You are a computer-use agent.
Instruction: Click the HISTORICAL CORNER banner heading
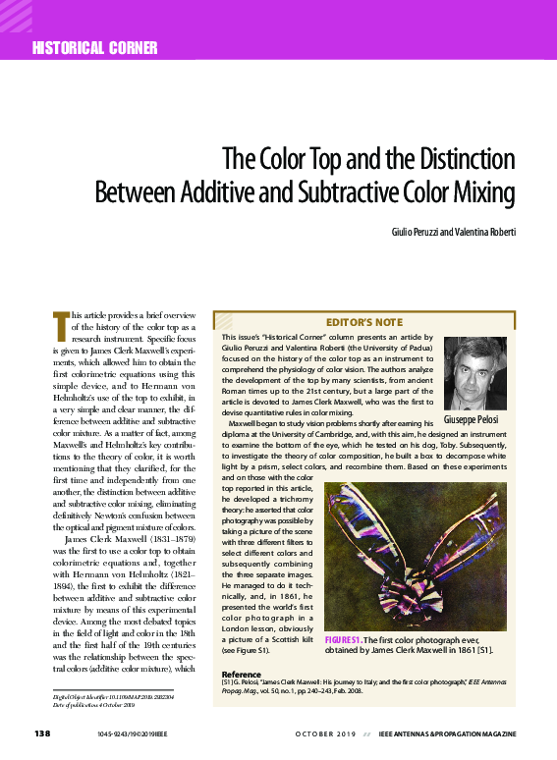(94, 48)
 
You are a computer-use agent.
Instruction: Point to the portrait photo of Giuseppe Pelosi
(475, 373)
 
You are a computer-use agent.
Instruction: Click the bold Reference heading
(241, 675)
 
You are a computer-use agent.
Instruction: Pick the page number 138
(42, 734)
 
